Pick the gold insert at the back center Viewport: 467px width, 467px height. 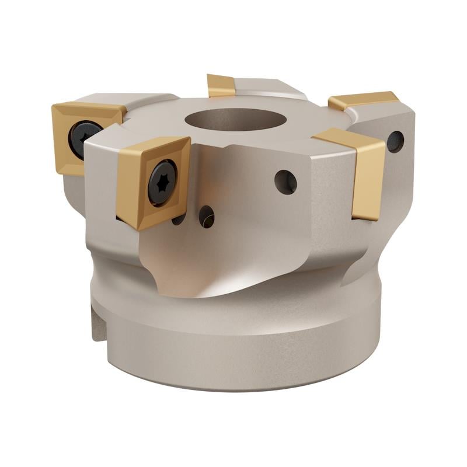click(221, 85)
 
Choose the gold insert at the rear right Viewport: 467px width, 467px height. click(363, 100)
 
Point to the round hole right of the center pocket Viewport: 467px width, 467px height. click(285, 182)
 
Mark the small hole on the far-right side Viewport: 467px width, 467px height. click(395, 141)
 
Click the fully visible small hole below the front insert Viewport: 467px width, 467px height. click(206, 216)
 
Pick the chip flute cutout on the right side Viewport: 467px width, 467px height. click(374, 245)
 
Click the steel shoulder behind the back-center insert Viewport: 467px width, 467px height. click(269, 88)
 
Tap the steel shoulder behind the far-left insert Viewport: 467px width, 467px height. click(146, 100)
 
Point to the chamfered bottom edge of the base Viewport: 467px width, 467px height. click(233, 385)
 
